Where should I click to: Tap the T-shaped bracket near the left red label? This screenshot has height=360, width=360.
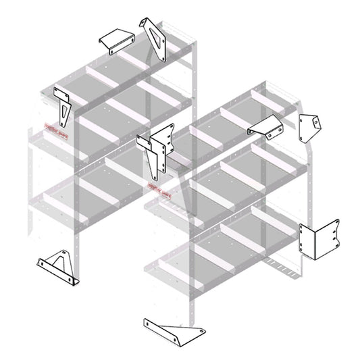[x=63, y=108]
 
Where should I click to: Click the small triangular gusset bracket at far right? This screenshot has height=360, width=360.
[x=310, y=126]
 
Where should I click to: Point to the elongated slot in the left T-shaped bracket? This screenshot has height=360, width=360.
[x=64, y=115]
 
